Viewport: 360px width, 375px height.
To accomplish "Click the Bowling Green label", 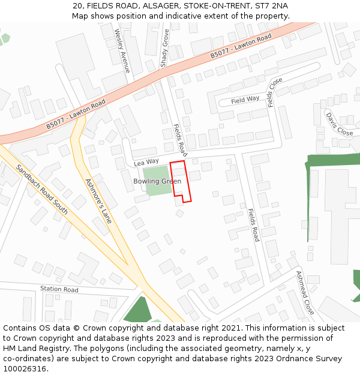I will (x=157, y=181).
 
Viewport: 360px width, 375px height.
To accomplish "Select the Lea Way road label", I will (x=146, y=162).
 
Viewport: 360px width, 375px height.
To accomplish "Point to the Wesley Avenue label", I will (x=122, y=51).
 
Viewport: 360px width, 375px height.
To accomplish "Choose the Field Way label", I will (x=245, y=99).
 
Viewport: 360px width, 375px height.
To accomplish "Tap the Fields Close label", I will (x=275, y=92).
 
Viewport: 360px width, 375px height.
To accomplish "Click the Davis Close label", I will (x=339, y=123).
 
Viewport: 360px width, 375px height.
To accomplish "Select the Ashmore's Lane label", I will (x=98, y=200).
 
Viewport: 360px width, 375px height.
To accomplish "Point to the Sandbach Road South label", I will (x=41, y=190).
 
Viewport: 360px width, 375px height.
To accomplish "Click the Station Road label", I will (x=59, y=289).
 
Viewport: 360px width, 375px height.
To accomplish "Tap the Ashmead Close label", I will (x=305, y=293).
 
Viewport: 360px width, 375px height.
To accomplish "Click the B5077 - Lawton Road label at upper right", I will (x=241, y=46).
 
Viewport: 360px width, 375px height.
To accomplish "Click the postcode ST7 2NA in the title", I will (x=271, y=5).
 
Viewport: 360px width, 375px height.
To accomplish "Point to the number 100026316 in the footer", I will (x=25, y=369).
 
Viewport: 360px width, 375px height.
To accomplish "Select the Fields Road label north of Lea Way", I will (x=179, y=140).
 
